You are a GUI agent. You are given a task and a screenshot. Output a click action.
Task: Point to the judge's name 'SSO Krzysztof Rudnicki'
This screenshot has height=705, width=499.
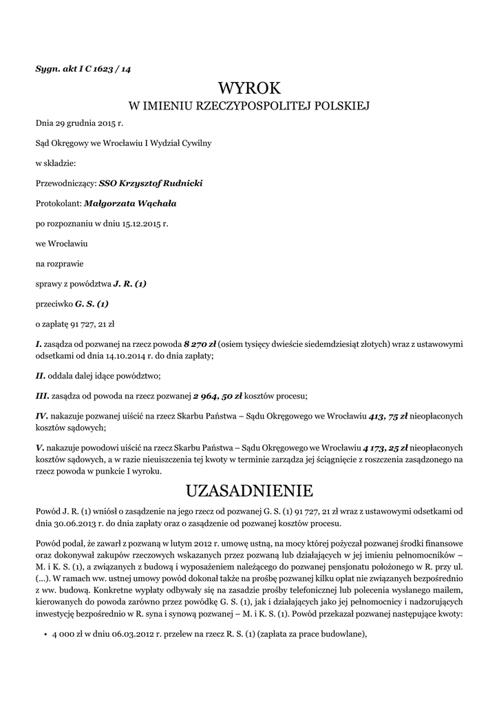coord(151,184)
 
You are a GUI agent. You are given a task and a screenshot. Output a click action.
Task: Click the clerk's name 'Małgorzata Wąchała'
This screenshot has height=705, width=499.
coord(130,203)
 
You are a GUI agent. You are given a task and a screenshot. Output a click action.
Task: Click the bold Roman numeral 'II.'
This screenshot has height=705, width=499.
coord(41,375)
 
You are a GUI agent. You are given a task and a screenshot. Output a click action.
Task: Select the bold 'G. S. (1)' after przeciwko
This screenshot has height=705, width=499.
coord(92,304)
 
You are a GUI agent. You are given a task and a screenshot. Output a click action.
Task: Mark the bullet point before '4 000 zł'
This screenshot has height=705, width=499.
coord(45,635)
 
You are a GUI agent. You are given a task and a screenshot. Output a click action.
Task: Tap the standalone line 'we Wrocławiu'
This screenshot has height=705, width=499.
coord(61,244)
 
